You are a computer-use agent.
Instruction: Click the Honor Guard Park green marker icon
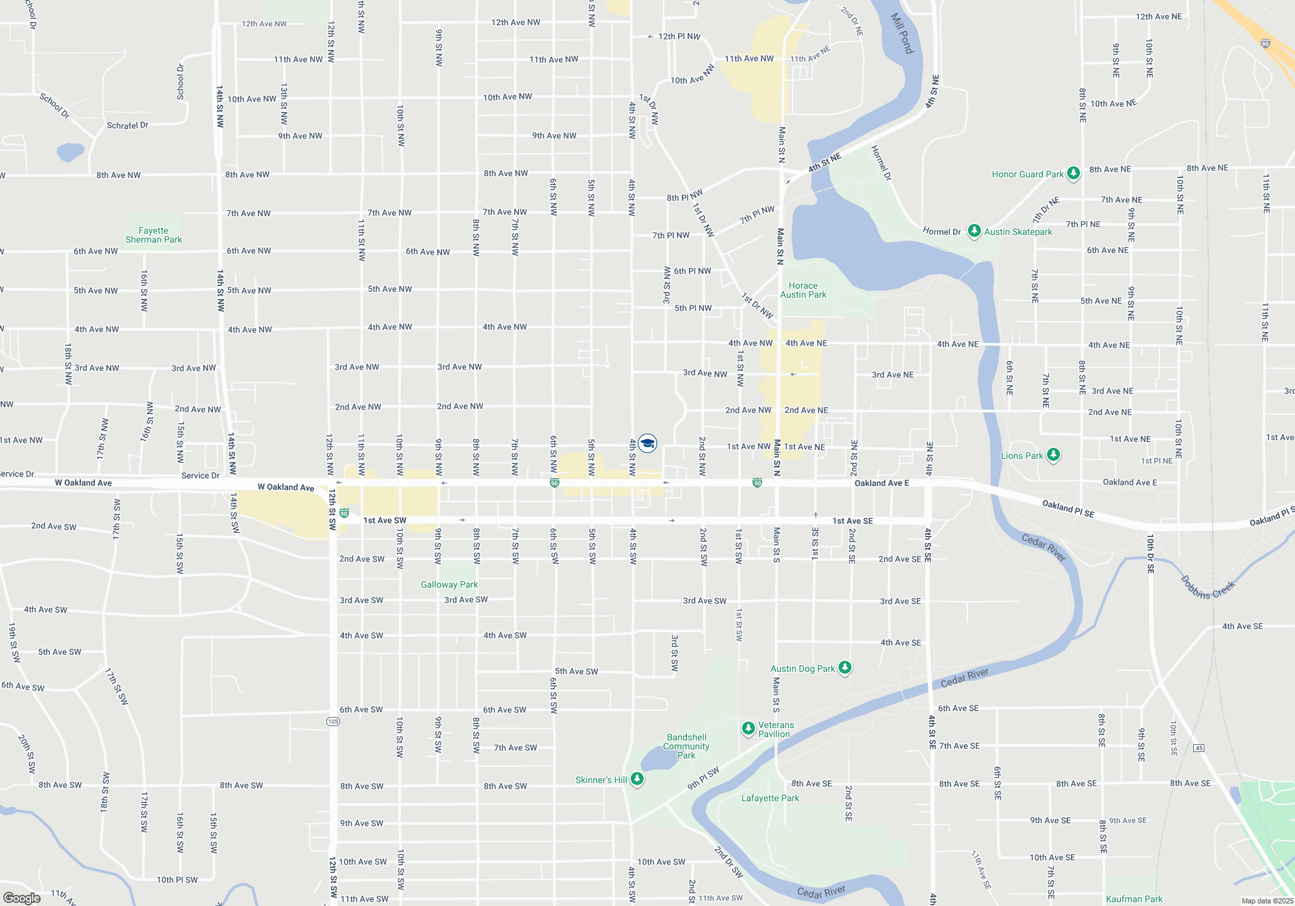click(x=1073, y=173)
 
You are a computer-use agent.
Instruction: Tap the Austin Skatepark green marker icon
click(x=974, y=231)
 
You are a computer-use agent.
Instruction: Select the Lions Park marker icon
click(x=1053, y=455)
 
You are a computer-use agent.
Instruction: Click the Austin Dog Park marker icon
click(x=844, y=668)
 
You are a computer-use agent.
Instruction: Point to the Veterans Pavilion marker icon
click(x=748, y=729)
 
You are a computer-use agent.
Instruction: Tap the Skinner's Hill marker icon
click(x=637, y=779)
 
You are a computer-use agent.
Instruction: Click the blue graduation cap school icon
click(x=647, y=443)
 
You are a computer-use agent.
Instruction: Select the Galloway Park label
click(x=449, y=584)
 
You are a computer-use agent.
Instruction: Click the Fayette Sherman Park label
click(x=153, y=235)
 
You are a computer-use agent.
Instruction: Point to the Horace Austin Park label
click(x=803, y=290)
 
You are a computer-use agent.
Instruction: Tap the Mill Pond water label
click(x=902, y=34)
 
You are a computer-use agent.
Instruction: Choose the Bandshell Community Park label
click(x=686, y=746)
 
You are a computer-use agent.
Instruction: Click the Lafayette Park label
click(x=770, y=798)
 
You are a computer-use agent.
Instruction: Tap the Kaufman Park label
click(x=1134, y=899)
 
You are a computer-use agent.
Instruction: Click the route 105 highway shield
click(x=333, y=721)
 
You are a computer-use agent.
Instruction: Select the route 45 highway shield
click(x=1199, y=748)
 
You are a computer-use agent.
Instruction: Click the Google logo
click(x=22, y=898)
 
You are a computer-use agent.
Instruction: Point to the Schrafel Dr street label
click(x=128, y=126)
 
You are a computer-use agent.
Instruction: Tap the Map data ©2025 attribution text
click(x=1267, y=901)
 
